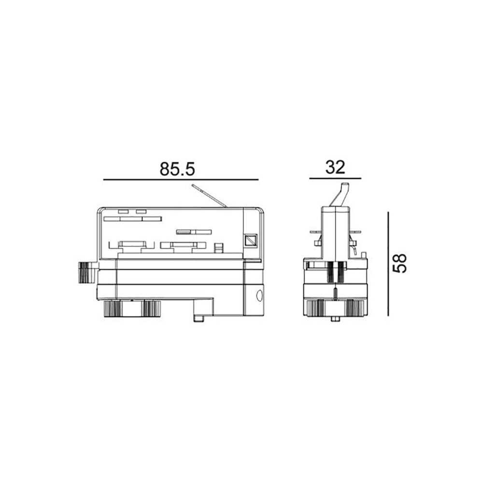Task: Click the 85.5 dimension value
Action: coord(177,169)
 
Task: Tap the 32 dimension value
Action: coord(335,167)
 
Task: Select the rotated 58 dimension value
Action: coord(400,263)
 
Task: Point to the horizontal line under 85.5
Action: coord(181,179)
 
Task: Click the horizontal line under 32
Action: coord(335,178)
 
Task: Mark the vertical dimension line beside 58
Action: coord(388,264)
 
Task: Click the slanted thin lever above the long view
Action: coord(209,196)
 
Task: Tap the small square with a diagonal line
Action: coord(250,240)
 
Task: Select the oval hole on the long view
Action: coord(259,296)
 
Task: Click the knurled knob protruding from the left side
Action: coord(88,272)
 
